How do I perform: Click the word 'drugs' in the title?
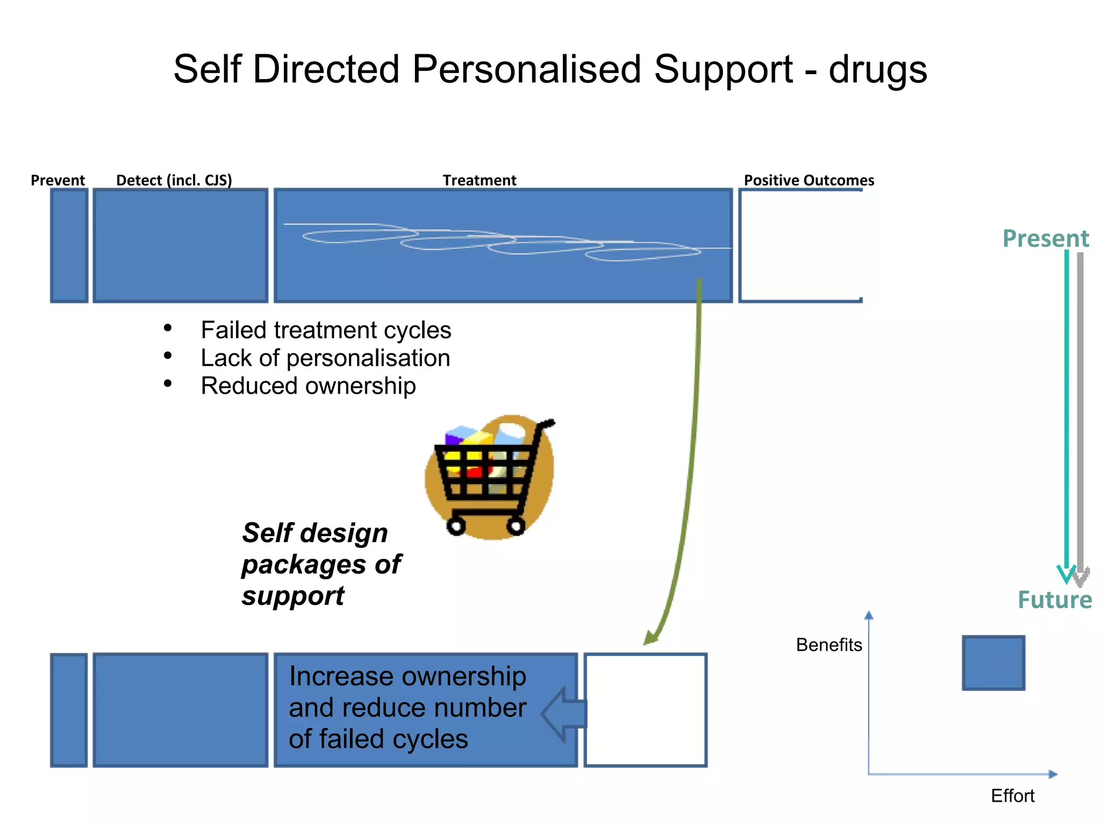[x=877, y=70]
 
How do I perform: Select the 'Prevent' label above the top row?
[x=58, y=180]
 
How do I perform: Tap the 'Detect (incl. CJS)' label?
[x=174, y=180]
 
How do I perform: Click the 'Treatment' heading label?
[x=479, y=180]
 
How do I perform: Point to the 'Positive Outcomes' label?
[x=809, y=180]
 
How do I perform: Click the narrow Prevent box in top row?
[x=69, y=245]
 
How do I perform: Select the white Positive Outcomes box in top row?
[x=800, y=245]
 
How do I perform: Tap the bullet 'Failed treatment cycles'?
[x=325, y=330]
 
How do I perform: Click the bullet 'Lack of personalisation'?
[x=325, y=358]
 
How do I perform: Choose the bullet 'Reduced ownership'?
[x=308, y=386]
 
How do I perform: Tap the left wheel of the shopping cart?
[x=456, y=525]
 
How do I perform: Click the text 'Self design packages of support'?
[x=321, y=564]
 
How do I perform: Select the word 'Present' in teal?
[x=1045, y=238]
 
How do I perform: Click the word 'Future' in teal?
[x=1054, y=600]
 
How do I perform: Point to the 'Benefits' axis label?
[x=828, y=645]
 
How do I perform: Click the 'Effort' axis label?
[x=1012, y=796]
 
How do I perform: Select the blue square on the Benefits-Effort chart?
[x=993, y=663]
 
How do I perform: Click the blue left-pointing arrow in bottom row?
[x=563, y=715]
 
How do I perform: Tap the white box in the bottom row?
[x=645, y=710]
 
